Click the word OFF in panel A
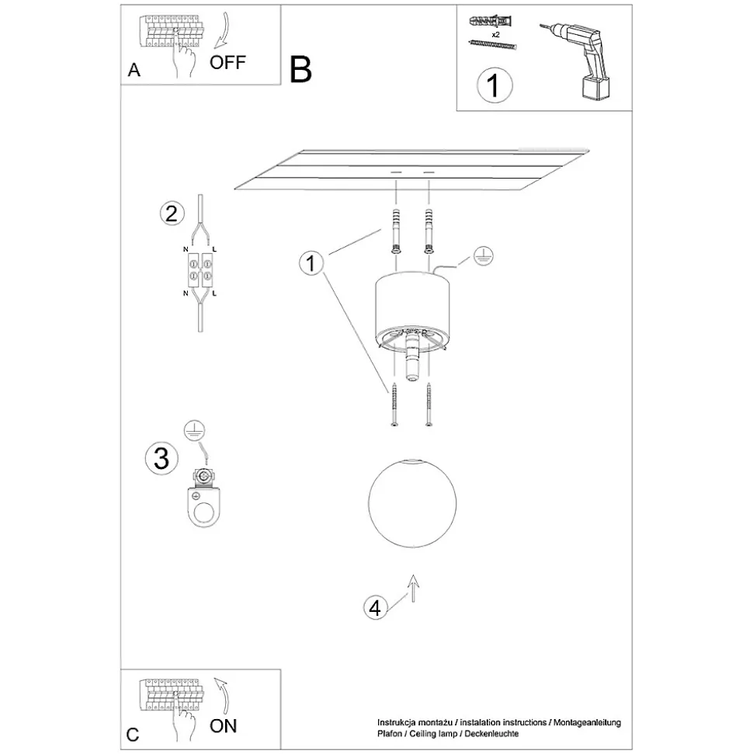click(227, 63)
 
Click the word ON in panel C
click(224, 726)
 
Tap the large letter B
click(300, 70)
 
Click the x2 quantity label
click(496, 35)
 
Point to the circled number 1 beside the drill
click(494, 85)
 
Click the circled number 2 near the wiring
click(172, 214)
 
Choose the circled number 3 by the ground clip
click(161, 458)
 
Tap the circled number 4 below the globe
click(375, 608)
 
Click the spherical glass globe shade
click(412, 503)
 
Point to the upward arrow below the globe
click(413, 588)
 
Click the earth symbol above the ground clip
click(194, 431)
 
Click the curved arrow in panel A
click(222, 30)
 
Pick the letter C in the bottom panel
click(133, 735)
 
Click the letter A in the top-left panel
click(134, 70)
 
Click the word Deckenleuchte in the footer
click(491, 734)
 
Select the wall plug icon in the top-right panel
click(490, 22)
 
